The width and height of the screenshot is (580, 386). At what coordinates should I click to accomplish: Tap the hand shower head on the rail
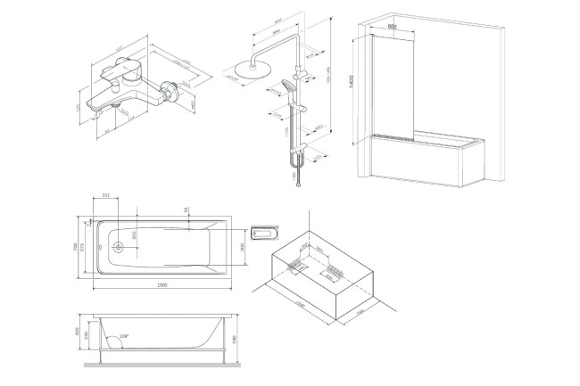[286, 86]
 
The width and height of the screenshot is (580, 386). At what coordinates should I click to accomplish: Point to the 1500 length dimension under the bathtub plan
[162, 283]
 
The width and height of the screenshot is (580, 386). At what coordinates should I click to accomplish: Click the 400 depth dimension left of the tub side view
[79, 332]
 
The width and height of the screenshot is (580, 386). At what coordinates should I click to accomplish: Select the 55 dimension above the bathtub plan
[186, 209]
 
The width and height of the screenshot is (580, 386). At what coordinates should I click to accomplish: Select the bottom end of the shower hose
[296, 185]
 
